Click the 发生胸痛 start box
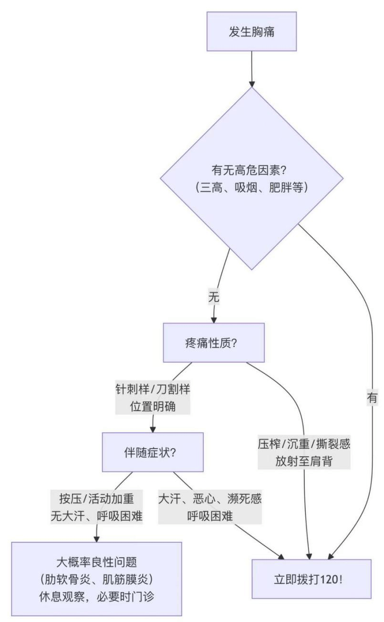pos(251,32)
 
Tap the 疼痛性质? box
pos(213,343)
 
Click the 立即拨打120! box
pos(311,579)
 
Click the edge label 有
pos(372,397)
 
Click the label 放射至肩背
pos(303,461)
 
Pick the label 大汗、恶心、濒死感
pos(210,499)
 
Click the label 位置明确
pos(153,406)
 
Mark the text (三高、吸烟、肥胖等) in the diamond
pos(251,187)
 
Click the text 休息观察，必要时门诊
pos(97,597)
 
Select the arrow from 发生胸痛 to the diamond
pos(251,67)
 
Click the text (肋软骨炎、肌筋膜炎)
pos(97,579)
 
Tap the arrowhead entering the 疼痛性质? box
pos(213,320)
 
